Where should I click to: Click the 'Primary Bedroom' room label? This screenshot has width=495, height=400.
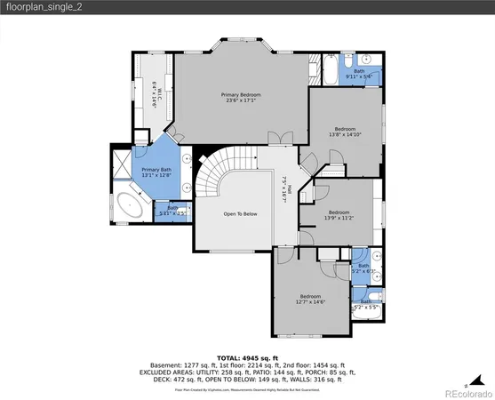(241, 93)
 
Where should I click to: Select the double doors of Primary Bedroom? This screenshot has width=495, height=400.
(278, 136)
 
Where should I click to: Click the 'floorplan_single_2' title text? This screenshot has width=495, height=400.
(39, 9)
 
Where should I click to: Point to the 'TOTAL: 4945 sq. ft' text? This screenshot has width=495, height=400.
(247, 356)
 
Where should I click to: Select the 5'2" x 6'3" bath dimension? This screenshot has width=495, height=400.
(363, 270)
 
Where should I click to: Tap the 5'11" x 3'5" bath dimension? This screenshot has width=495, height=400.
(172, 212)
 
